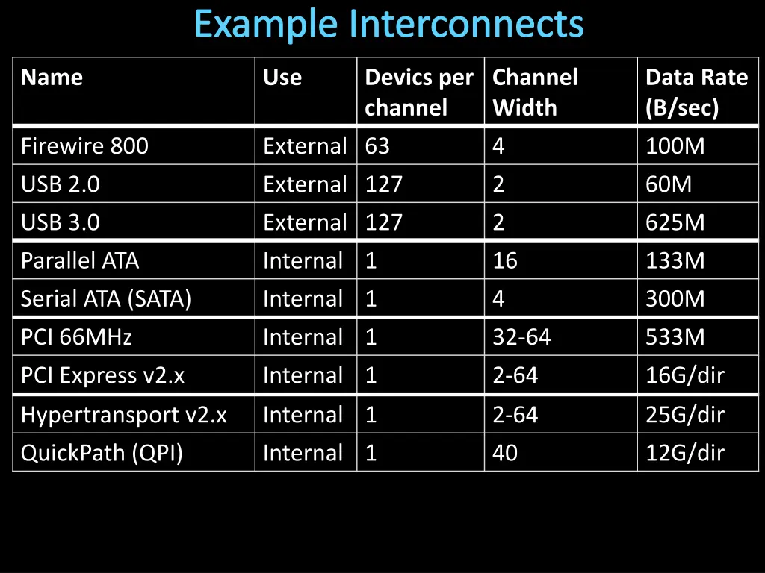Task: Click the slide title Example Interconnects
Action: (x=388, y=25)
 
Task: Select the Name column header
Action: (x=52, y=78)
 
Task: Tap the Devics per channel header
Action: (x=418, y=93)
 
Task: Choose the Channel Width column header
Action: (x=535, y=93)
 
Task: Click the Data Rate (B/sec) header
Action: (x=696, y=93)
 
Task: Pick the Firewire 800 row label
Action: (x=84, y=146)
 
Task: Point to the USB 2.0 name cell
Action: (x=60, y=184)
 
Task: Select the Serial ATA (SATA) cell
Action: (x=106, y=299)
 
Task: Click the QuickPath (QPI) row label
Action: (x=102, y=453)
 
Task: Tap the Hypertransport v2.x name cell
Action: (x=124, y=415)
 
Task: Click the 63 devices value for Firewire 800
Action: (x=377, y=146)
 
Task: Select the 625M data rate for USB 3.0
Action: (x=675, y=222)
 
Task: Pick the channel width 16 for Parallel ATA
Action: (x=505, y=261)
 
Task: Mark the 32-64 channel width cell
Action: (x=521, y=337)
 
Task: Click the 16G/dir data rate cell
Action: (x=685, y=375)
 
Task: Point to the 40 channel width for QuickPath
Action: (x=505, y=453)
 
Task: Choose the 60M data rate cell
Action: (x=669, y=184)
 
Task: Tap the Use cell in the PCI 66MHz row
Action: (x=303, y=337)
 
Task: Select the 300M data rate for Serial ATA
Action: (x=675, y=299)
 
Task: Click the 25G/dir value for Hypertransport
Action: (x=685, y=415)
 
